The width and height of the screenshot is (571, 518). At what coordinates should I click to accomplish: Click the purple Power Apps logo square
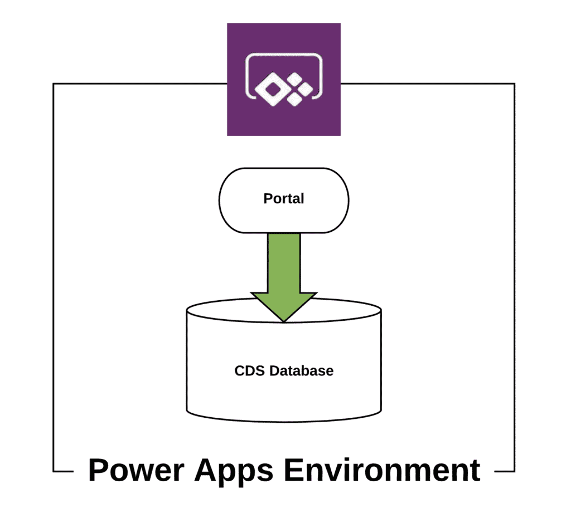point(284,79)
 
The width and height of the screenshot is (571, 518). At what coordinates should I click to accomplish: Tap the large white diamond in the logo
point(272,89)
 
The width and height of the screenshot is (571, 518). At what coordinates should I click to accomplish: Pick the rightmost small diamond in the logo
point(306,89)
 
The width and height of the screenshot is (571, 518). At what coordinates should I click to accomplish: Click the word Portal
point(284,199)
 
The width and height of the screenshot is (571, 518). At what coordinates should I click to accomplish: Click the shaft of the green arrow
point(284,263)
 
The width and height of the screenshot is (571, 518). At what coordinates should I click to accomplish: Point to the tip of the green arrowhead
point(284,322)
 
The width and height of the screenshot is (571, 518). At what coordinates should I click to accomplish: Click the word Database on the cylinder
point(302,371)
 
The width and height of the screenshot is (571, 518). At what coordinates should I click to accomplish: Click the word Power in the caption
point(136,470)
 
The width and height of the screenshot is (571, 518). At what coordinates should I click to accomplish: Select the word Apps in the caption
point(234,472)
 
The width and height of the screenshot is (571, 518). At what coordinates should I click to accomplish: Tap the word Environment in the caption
point(382,470)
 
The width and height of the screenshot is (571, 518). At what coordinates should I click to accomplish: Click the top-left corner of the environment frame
point(53,84)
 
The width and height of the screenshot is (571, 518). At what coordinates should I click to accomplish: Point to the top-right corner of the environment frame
point(515,84)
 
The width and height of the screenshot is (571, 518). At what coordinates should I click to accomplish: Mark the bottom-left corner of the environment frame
point(53,471)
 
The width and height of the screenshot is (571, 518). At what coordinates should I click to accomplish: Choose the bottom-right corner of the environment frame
point(515,471)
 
